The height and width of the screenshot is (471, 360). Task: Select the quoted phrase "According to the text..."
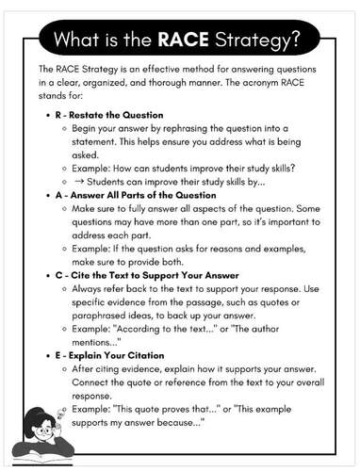pos(161,328)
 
